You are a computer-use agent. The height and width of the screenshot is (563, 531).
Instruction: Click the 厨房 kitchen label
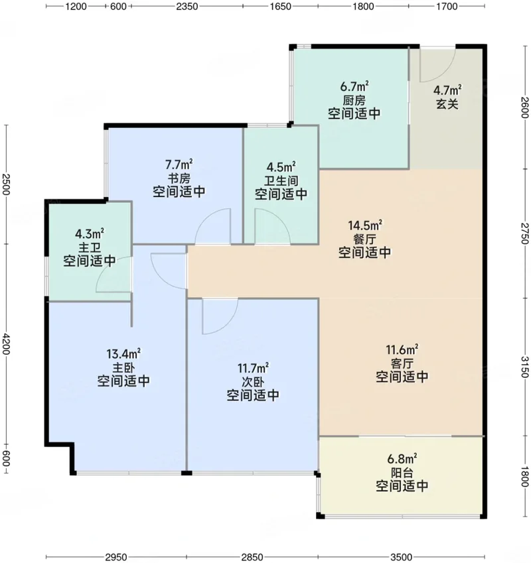(x=354, y=100)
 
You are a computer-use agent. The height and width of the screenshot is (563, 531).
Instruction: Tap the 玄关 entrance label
(x=447, y=104)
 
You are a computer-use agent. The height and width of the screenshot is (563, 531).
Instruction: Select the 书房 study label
(x=179, y=178)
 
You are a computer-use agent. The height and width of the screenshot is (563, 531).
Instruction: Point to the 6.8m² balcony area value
(x=402, y=458)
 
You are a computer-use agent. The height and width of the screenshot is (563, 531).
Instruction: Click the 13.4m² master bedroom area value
(x=123, y=353)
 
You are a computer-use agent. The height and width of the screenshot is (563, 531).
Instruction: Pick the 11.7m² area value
(x=253, y=368)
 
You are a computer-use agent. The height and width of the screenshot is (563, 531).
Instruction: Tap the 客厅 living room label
(x=402, y=363)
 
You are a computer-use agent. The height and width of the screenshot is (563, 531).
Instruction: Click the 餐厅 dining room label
(x=364, y=239)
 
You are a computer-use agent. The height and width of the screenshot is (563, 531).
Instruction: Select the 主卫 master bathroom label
(x=90, y=248)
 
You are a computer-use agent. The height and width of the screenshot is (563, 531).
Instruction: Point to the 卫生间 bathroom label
(x=281, y=180)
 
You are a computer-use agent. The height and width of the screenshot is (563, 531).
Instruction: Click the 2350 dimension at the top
(x=187, y=7)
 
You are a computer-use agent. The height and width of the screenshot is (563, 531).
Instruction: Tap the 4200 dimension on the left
(x=5, y=343)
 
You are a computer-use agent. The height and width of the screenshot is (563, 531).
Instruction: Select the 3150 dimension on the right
(x=525, y=367)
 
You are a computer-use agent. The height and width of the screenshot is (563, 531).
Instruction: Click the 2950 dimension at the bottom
(x=116, y=557)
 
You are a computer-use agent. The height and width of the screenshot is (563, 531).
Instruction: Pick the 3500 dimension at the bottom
(x=402, y=557)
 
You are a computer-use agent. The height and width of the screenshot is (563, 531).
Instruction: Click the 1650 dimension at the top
(x=280, y=7)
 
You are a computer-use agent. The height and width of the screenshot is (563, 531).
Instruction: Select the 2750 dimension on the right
(x=525, y=233)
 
